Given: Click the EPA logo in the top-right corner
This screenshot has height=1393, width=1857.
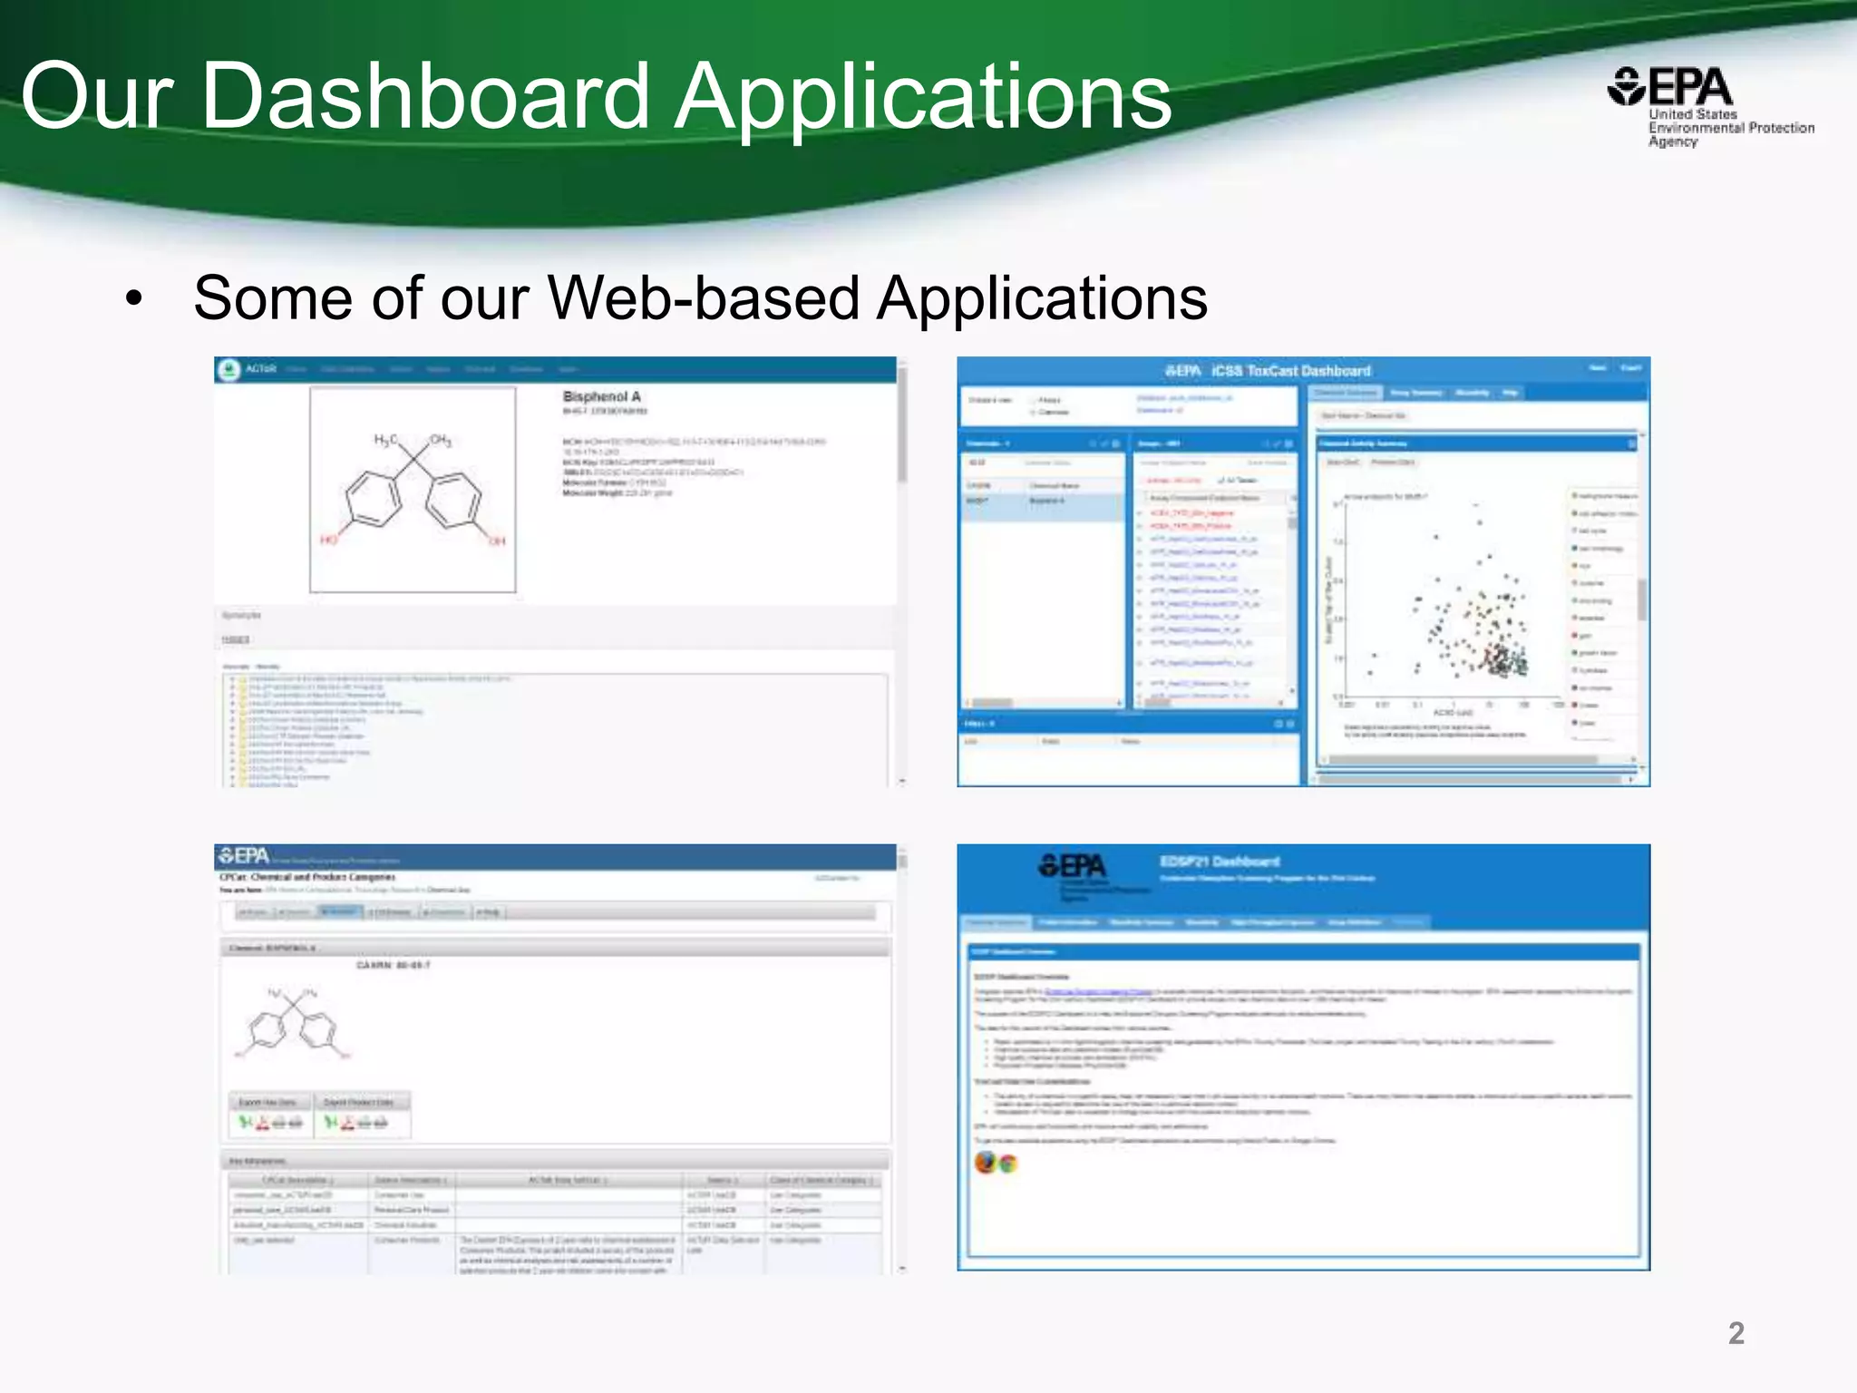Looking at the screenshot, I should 1670,89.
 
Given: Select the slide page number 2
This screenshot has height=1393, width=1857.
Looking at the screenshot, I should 1735,1333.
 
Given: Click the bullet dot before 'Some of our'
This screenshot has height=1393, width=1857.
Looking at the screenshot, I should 134,299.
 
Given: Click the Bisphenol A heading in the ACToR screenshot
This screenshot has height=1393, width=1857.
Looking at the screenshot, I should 601,397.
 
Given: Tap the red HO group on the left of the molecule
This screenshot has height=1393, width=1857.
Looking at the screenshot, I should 328,541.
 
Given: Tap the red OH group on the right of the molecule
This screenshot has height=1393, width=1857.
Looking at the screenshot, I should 497,541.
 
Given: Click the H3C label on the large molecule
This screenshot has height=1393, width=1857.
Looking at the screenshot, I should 386,441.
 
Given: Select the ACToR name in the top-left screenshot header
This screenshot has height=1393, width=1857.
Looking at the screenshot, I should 260,369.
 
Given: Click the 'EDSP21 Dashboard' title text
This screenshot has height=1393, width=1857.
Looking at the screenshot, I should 1220,862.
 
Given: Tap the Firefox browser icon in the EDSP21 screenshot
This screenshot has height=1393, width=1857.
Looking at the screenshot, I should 986,1162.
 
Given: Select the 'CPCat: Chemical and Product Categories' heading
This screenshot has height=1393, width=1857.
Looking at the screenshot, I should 307,877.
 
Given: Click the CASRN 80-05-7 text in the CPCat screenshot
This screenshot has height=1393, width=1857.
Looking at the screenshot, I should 394,965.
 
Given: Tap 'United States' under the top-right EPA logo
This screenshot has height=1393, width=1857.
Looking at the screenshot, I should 1692,115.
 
